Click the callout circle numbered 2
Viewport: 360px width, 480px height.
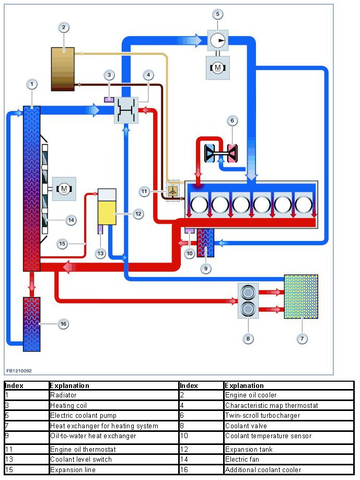[63, 27]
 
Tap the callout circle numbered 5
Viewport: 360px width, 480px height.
[218, 14]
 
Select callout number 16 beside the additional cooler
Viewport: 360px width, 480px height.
[63, 324]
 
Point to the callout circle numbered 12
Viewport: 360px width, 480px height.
[138, 213]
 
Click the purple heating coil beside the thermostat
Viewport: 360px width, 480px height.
[109, 99]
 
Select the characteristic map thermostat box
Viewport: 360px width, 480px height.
[126, 109]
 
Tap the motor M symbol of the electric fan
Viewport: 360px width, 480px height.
[63, 188]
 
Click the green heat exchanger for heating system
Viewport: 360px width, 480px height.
[301, 296]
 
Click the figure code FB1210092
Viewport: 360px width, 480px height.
[19, 371]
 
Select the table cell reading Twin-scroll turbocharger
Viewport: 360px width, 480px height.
[263, 416]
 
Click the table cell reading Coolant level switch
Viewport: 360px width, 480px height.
[81, 460]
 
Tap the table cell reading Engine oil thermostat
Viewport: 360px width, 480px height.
[83, 449]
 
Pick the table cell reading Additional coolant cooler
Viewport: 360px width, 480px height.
[263, 470]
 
